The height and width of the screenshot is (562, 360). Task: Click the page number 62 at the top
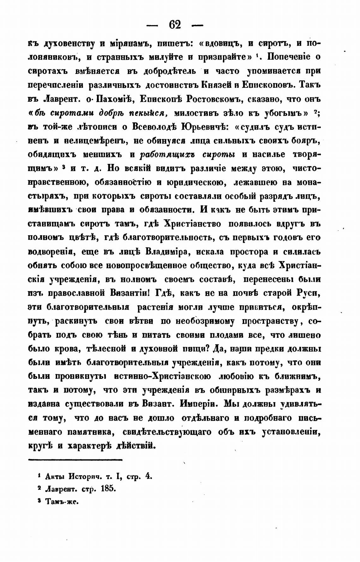coord(175,24)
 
